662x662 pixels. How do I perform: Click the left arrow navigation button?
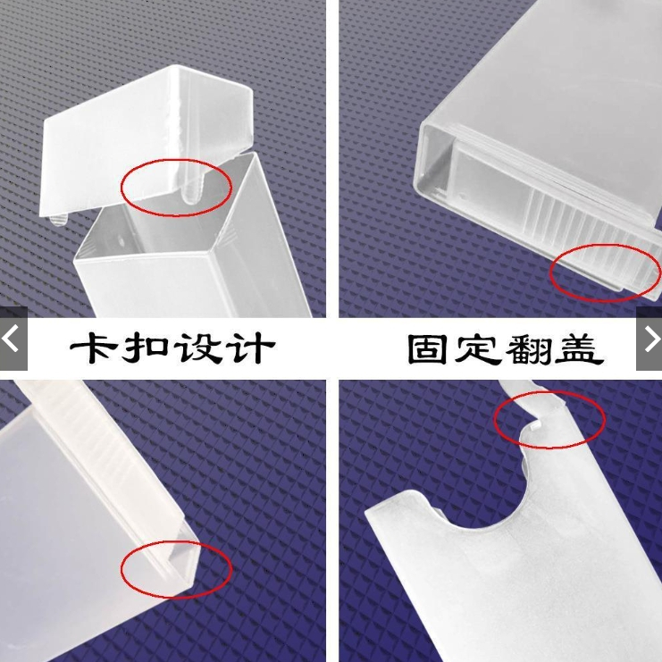[x=13, y=339]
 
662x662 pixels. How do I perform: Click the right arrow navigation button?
[x=649, y=339]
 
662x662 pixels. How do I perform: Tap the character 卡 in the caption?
[x=94, y=348]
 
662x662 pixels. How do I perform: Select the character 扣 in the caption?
[x=145, y=348]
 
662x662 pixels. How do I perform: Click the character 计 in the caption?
[x=250, y=348]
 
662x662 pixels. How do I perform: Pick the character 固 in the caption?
[x=427, y=348]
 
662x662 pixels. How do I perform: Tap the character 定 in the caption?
[x=477, y=348]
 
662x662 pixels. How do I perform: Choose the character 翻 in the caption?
[x=528, y=349]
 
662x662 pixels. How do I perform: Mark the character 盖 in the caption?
[x=578, y=349]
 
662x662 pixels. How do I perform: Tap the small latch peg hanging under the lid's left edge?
[x=58, y=220]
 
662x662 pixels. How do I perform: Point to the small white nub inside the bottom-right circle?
[x=535, y=425]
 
